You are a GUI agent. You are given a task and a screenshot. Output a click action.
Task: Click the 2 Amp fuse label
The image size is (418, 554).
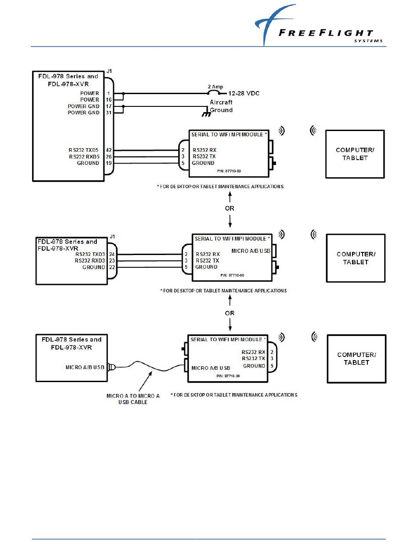coord(215,87)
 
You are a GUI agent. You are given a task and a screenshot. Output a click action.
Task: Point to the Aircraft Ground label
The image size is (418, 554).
coord(221,106)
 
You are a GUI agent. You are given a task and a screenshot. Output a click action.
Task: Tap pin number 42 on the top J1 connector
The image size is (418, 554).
coord(108,150)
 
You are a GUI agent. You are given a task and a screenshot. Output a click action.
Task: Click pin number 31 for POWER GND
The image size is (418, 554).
coord(108,113)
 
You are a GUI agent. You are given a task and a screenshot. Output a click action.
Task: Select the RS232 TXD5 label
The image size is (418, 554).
coord(84,150)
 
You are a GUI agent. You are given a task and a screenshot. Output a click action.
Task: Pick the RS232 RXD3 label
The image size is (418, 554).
coord(90,260)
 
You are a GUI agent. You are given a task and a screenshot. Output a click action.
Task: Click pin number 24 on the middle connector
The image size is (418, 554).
coord(112,254)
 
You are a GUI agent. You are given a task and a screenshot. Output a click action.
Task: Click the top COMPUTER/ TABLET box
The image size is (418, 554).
coord(355,154)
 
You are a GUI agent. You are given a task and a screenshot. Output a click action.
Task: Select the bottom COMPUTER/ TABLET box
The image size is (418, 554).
coord(356,358)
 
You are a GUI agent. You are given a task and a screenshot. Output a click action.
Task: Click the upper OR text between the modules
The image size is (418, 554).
coord(230,208)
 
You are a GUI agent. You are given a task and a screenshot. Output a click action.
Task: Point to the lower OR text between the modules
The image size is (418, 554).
coord(230,313)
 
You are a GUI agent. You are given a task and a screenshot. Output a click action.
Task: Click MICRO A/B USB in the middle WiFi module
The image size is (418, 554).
coord(250,251)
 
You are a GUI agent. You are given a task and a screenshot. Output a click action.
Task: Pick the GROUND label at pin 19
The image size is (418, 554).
coord(88,163)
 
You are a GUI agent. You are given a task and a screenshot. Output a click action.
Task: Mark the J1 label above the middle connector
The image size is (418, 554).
coord(113,237)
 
